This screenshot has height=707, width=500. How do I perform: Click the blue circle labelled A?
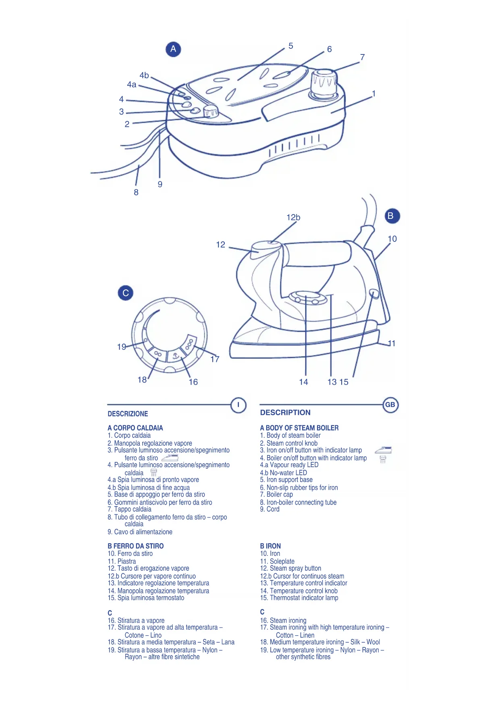point(173,49)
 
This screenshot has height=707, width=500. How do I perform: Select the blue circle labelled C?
point(125,293)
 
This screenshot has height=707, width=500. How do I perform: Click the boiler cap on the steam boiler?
point(324,83)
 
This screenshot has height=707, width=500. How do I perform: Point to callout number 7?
point(362,57)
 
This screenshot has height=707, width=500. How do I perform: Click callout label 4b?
point(144,75)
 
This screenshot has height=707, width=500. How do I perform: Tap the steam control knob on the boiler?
point(210,111)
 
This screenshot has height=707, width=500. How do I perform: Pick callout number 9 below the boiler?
point(160,184)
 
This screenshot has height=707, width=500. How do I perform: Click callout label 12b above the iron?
point(293,217)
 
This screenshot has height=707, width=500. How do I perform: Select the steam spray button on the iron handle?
point(260,249)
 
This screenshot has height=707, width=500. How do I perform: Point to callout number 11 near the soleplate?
point(391,343)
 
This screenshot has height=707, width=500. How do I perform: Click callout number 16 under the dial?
point(193,382)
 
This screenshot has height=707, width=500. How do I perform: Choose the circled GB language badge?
point(390,405)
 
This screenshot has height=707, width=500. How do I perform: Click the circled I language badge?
point(238,405)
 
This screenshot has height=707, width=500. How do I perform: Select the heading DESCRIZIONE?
point(128,414)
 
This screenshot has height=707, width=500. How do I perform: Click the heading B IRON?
point(270,546)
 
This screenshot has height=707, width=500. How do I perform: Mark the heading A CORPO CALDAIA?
point(135,428)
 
